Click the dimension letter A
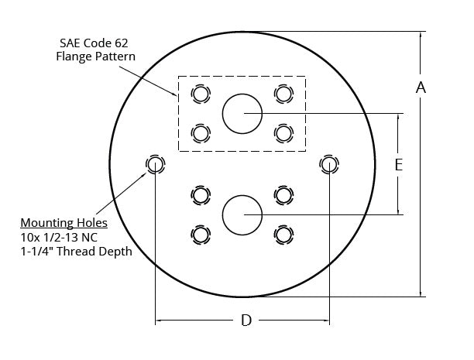421,87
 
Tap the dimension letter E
398,165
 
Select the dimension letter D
246,321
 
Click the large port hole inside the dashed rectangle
242,114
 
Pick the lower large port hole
242,214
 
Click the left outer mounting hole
155,164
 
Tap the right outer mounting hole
329,164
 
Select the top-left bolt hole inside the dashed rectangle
201,94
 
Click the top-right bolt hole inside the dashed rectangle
283,94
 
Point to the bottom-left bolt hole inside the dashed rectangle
201,133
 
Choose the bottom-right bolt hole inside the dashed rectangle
283,133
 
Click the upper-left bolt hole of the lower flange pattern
201,194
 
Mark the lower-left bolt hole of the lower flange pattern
201,233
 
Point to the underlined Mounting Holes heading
64,223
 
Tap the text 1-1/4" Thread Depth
76,251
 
